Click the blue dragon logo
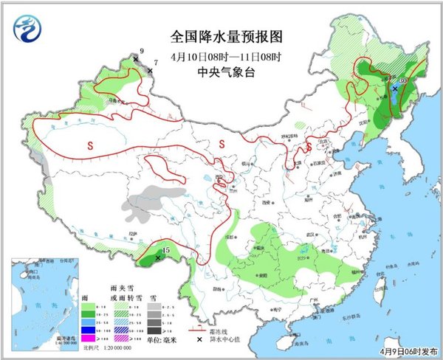click(x=28, y=32)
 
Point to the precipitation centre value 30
click(x=403, y=80)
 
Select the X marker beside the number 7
click(x=150, y=71)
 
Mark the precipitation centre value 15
click(x=166, y=251)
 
